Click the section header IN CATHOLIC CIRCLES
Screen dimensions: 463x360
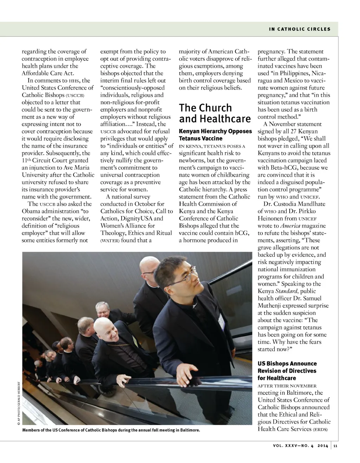point(300,29)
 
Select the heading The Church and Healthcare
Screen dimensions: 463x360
point(214,113)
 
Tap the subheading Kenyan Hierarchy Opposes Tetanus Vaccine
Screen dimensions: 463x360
point(215,135)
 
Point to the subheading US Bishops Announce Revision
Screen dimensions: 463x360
point(287,371)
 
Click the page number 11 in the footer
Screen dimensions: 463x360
point(335,446)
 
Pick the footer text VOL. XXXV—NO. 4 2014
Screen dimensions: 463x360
point(301,446)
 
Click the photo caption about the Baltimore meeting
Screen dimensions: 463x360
point(111,430)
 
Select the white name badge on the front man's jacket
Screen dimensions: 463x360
point(221,320)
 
